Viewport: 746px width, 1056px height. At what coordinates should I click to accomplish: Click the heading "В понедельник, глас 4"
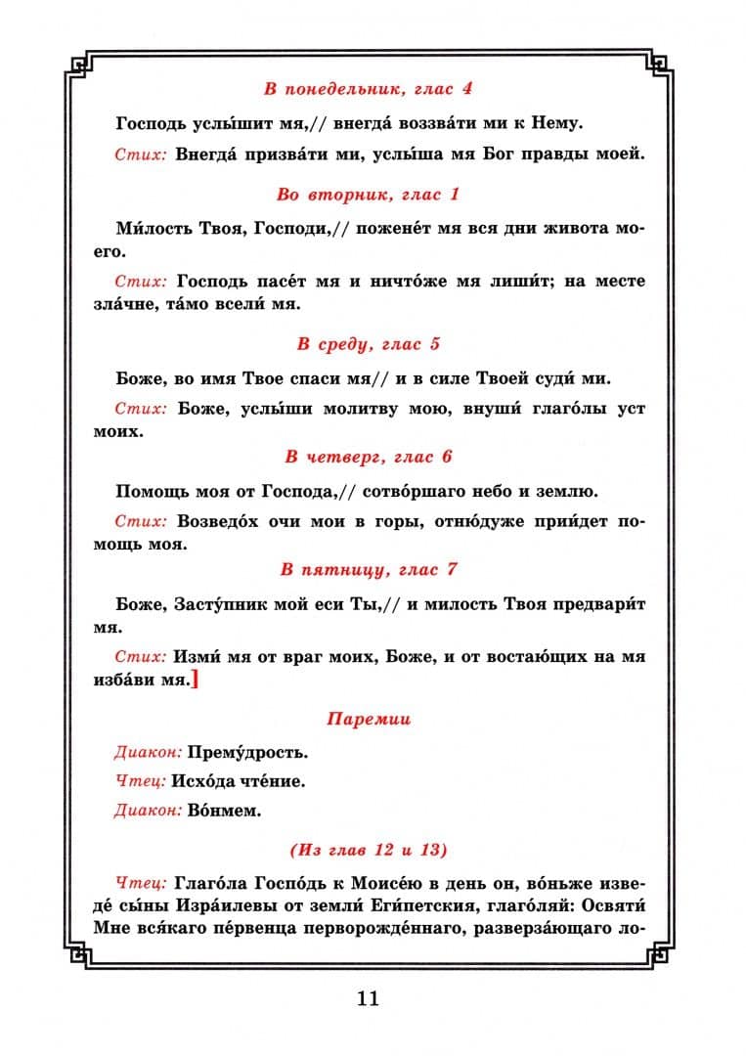(369, 89)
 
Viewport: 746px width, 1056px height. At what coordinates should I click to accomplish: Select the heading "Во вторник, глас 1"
(369, 195)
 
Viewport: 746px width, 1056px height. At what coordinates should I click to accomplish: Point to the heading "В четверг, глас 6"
(369, 457)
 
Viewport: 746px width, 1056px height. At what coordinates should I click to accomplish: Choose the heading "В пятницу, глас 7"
(369, 569)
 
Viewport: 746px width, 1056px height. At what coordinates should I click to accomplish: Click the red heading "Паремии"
(369, 720)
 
